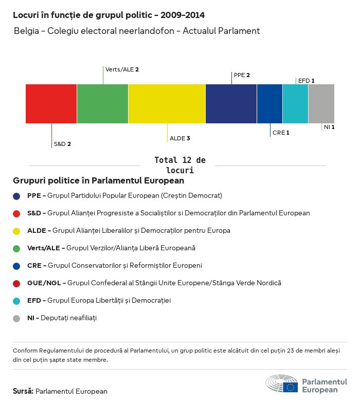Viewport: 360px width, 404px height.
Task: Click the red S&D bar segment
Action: click(51, 104)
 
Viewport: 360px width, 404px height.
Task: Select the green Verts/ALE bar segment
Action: click(102, 104)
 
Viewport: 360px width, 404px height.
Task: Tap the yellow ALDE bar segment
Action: click(167, 104)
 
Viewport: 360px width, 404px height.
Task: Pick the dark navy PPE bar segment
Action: click(231, 104)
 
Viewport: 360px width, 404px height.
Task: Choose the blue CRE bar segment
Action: click(269, 104)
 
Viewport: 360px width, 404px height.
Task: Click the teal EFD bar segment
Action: click(295, 104)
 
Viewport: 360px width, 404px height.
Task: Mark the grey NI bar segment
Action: click(321, 104)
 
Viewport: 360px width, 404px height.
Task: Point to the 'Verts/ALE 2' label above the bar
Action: click(122, 69)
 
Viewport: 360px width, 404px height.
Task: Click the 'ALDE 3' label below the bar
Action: click(180, 138)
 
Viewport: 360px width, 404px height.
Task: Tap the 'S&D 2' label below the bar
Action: click(62, 144)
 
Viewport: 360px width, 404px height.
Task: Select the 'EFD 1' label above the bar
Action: click(306, 81)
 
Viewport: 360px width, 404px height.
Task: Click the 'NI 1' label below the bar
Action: click(329, 127)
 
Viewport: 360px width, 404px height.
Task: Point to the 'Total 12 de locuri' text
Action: click(179, 165)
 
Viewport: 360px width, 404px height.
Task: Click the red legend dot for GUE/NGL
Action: click(16, 283)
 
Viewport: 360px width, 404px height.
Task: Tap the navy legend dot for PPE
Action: click(16, 196)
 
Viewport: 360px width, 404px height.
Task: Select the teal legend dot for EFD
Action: click(16, 301)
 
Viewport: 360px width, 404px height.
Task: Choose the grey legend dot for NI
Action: click(16, 318)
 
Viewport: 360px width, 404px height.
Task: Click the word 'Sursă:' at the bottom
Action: click(23, 391)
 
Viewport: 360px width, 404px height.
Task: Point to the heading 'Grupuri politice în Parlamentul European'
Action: click(98, 181)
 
